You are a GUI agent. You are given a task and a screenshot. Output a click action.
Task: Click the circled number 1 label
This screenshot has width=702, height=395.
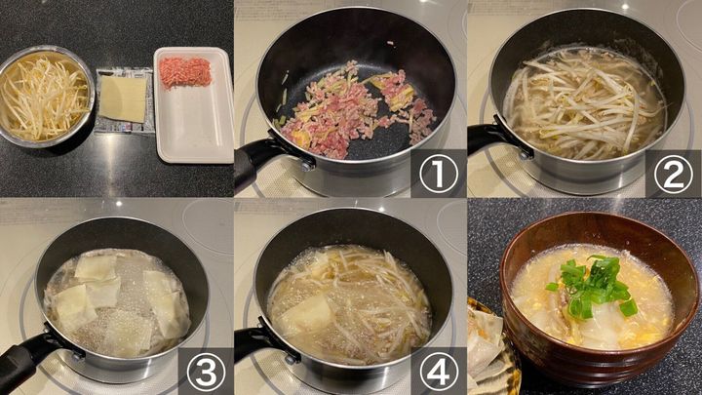[439, 174]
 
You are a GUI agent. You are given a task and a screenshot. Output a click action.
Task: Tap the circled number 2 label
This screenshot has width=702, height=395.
[673, 174]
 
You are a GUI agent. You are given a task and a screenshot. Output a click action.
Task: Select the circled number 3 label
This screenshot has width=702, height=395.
[206, 372]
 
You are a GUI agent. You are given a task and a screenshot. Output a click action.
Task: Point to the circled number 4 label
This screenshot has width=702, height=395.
[439, 372]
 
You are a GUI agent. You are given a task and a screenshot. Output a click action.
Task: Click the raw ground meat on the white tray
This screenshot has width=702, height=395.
[185, 72]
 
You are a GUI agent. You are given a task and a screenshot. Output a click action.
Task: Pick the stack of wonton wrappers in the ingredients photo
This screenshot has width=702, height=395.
[123, 99]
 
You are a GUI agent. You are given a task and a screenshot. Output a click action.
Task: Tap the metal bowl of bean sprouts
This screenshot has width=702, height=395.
[46, 97]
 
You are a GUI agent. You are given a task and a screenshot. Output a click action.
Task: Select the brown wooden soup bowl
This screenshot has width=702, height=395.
[600, 296]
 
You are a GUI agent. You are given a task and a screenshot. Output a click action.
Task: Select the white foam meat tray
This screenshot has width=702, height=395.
[193, 104]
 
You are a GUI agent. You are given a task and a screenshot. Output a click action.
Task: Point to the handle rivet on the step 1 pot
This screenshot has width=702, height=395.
[307, 166]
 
